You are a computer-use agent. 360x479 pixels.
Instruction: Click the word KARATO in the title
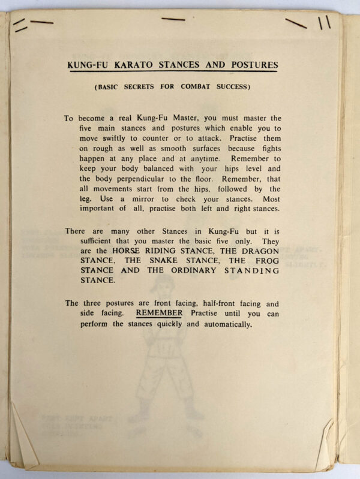click(136, 65)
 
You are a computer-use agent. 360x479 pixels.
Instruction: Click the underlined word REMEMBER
click(158, 314)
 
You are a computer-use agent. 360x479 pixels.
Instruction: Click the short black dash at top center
click(173, 20)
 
